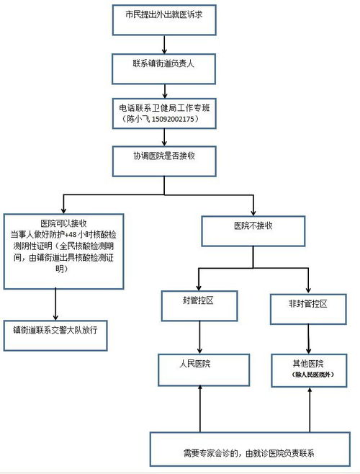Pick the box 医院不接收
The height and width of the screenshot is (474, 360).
click(x=253, y=226)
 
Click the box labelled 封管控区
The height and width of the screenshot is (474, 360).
click(x=198, y=303)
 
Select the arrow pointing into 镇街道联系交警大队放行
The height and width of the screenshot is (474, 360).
click(x=55, y=303)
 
